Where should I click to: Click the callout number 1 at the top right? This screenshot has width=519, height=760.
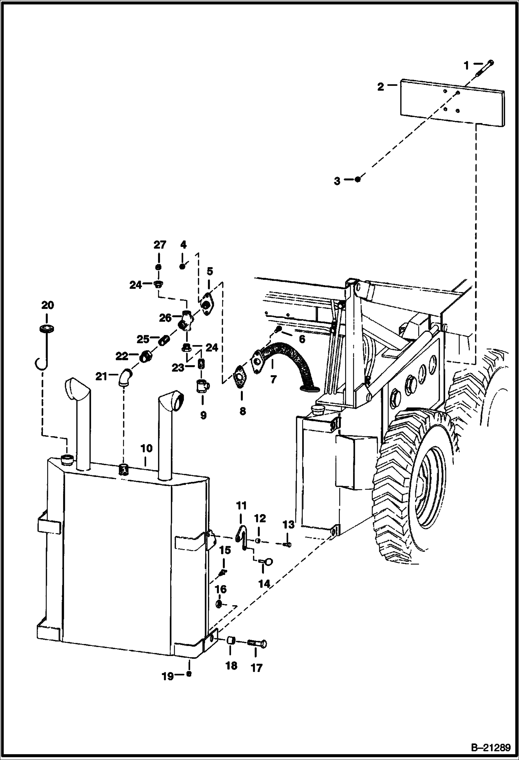(466, 64)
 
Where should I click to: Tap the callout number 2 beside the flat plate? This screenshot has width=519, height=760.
(380, 87)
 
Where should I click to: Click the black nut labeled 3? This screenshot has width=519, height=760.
(358, 179)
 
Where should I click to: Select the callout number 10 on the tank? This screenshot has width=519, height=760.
(146, 448)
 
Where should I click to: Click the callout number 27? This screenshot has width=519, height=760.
(160, 245)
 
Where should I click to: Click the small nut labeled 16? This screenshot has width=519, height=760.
(219, 604)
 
